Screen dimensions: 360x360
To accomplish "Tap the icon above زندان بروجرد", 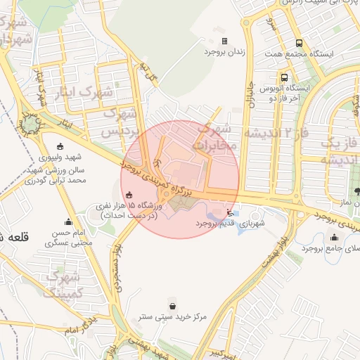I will tap(224, 41).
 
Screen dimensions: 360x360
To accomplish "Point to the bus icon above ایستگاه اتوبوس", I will tap(284, 78).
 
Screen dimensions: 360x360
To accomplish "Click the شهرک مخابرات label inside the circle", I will tap(215, 137).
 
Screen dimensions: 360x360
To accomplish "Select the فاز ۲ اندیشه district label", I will tap(275, 133).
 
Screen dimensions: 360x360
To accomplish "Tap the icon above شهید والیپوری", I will tap(59, 146).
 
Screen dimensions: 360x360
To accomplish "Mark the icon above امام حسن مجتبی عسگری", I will tap(68, 222).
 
